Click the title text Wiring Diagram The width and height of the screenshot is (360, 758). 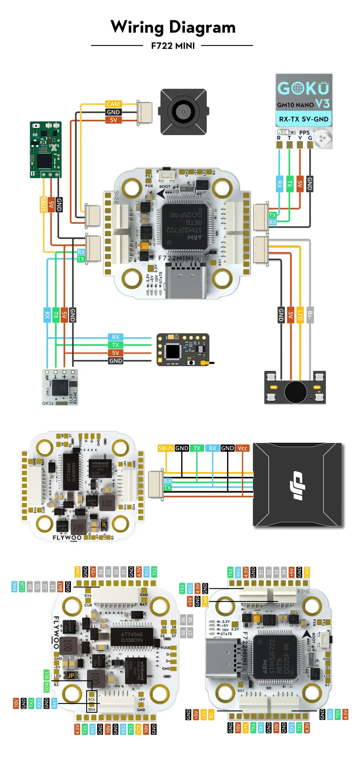tap(173, 27)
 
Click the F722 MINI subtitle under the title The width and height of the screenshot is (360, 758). tap(173, 46)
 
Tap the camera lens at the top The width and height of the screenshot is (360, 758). tap(183, 112)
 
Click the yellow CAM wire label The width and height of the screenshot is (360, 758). tap(113, 104)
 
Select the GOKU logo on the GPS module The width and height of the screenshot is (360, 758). tap(303, 88)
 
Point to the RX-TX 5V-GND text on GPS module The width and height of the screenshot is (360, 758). tap(304, 119)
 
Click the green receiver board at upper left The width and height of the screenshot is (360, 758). tap(46, 150)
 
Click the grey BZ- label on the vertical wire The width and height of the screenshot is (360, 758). tap(310, 315)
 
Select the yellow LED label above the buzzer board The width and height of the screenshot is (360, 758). tap(300, 315)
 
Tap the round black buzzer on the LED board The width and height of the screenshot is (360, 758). tap(295, 392)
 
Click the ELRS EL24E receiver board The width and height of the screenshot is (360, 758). tap(60, 387)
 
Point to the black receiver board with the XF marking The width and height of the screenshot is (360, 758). tap(183, 350)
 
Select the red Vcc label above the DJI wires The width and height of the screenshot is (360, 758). tap(242, 448)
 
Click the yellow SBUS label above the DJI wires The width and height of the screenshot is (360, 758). tap(166, 448)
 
